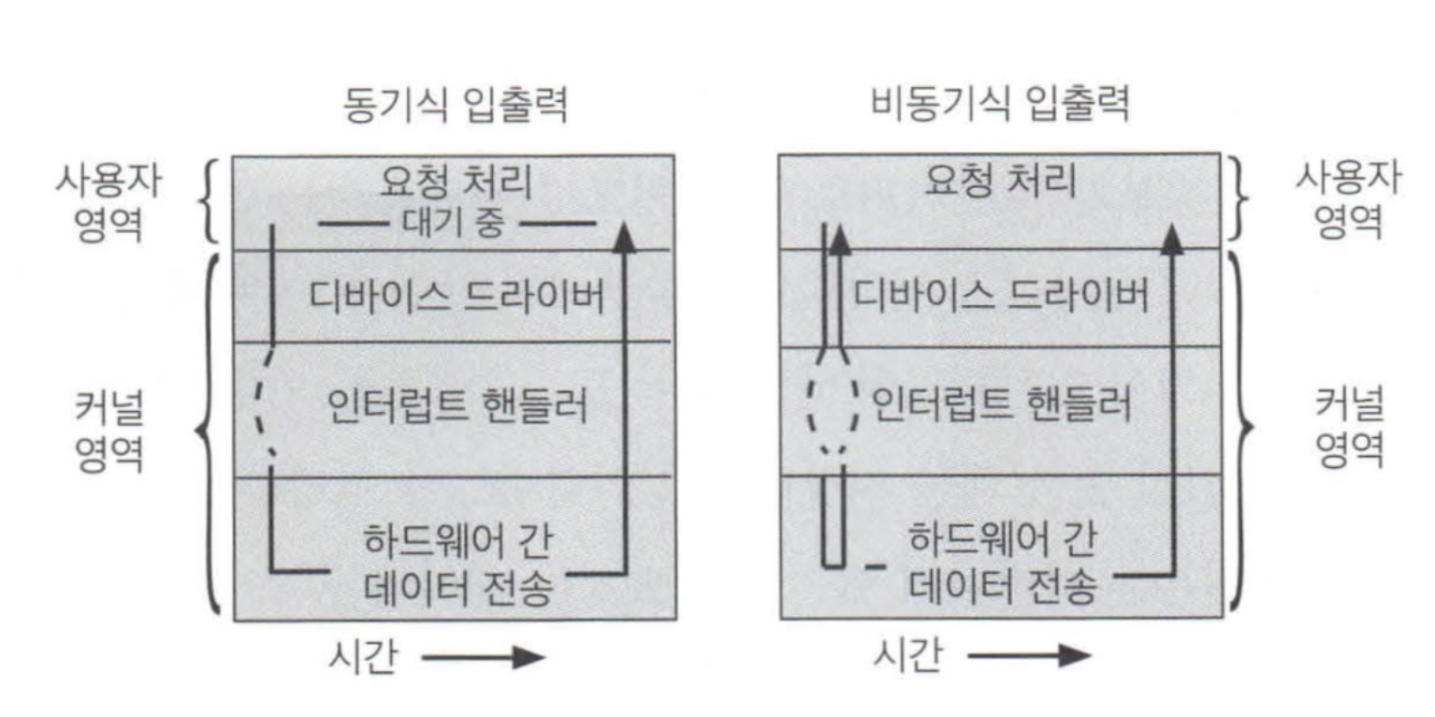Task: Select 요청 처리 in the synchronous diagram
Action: (456, 183)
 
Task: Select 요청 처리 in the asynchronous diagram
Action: (1000, 182)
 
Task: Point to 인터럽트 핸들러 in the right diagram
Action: (1001, 406)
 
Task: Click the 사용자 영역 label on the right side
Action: (1348, 199)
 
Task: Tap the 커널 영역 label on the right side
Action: (1348, 431)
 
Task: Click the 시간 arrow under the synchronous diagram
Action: (483, 657)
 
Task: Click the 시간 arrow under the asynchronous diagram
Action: (1029, 655)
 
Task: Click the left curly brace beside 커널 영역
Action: (208, 432)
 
